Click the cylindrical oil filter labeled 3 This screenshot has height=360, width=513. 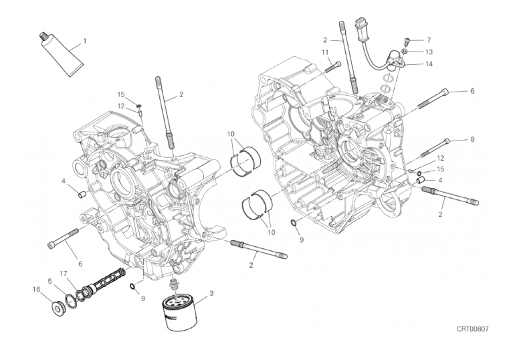point(179,312)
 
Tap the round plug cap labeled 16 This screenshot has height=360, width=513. point(58,308)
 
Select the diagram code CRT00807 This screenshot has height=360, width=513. point(472,329)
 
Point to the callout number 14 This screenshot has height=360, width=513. point(429,64)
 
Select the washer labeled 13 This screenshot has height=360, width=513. point(405,52)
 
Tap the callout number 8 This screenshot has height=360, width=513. point(472,139)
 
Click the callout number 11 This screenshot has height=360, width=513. point(324,52)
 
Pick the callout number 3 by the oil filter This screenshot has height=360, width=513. point(211,293)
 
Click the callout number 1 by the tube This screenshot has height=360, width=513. point(85,41)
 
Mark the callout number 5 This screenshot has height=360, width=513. point(49,281)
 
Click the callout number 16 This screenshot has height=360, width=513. point(36,289)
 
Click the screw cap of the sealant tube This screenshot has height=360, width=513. point(43,35)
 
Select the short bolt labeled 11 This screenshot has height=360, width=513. point(333,66)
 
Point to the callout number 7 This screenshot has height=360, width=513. point(429,40)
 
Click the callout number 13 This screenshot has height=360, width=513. point(429,52)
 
